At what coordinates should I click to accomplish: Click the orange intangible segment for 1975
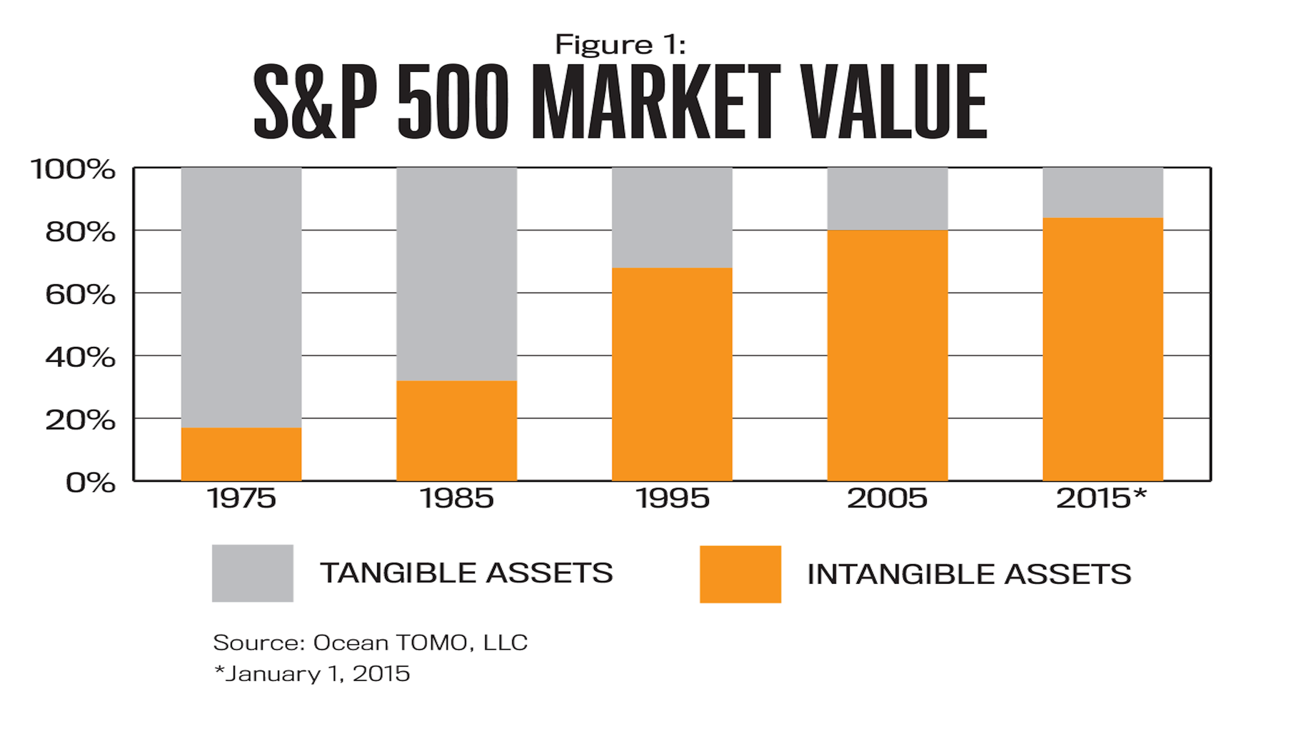pos(241,454)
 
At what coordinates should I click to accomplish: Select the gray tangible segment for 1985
pos(456,274)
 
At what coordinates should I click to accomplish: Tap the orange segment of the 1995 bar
pos(672,374)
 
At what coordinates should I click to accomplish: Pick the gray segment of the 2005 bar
pos(887,198)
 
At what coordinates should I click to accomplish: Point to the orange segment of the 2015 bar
pos(1102,349)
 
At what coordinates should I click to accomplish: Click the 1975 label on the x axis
pos(241,498)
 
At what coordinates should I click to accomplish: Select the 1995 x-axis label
pos(672,498)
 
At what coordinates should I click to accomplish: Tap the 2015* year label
pos(1100,498)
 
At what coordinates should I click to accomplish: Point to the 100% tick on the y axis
pos(72,170)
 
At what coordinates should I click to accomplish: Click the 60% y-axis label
pos(80,295)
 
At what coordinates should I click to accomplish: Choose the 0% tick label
pos(90,483)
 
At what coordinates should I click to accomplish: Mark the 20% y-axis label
pos(80,420)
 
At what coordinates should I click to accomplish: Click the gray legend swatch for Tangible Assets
pos(252,573)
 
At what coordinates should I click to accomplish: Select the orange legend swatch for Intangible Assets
pos(740,574)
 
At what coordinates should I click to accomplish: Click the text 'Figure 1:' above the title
pos(620,45)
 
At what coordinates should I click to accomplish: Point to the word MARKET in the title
pos(655,102)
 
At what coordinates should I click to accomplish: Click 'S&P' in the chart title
pos(315,102)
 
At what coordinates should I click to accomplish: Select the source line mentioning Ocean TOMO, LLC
pos(370,642)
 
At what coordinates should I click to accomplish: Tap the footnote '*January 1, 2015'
pos(311,674)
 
